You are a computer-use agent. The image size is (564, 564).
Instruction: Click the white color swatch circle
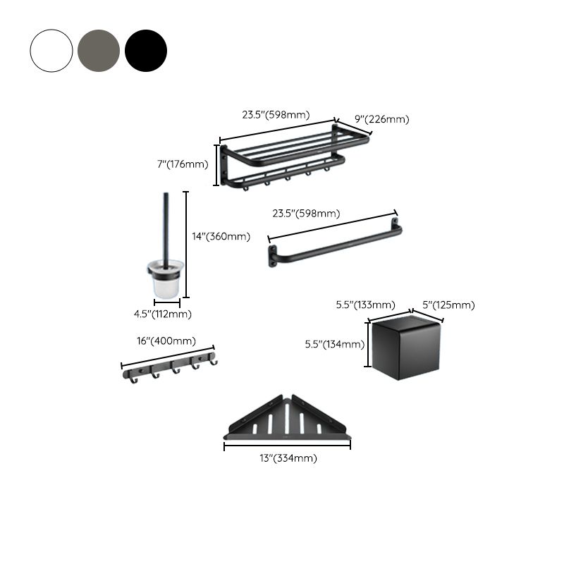tap(51, 51)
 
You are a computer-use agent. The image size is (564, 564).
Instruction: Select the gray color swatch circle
tap(99, 51)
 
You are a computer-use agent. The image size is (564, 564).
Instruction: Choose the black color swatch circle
tap(146, 51)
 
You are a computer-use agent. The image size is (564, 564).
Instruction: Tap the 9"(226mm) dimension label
tap(381, 119)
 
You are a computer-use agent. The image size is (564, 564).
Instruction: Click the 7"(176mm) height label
tap(183, 164)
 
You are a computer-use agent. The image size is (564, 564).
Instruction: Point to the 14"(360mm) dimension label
tap(221, 237)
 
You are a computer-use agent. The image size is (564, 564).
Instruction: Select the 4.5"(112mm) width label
tap(164, 314)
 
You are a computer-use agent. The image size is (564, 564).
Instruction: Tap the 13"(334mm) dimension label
tap(288, 458)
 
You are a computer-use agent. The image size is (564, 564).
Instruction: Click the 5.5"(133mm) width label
tap(364, 305)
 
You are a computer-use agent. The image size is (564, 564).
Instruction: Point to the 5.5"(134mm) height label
tap(334, 345)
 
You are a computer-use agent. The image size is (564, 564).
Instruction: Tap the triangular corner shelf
tap(287, 422)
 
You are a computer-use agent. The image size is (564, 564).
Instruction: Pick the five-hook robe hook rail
tap(169, 364)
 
